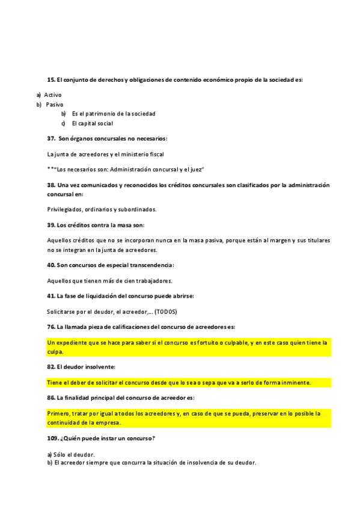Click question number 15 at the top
tap(51, 79)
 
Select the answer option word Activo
tap(53, 95)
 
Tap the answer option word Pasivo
tap(55, 104)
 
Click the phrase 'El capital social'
tap(92, 123)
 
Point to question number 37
tap(52, 139)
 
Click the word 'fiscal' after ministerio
tap(156, 154)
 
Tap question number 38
tap(51, 185)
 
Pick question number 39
tap(51, 225)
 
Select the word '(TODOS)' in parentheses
tap(165, 312)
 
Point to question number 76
tap(51, 327)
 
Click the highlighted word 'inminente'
tap(294, 382)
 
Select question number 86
tap(51, 398)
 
